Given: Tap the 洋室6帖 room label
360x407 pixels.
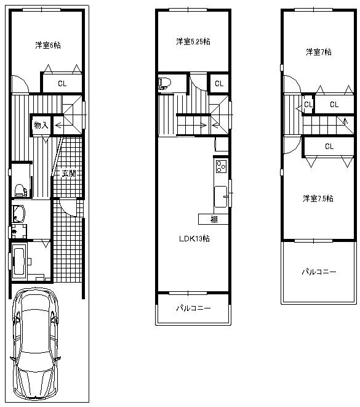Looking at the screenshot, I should point(47,45).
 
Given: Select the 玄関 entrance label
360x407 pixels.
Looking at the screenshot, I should point(68,174).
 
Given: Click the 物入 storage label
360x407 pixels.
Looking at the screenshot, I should point(41,125).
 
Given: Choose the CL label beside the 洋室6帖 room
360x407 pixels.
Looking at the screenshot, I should point(63,83).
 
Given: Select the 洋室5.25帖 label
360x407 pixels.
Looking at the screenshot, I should point(192,42).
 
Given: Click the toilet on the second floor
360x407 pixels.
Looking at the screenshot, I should point(164,83).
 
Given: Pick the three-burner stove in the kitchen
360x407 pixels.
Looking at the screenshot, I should point(221,166).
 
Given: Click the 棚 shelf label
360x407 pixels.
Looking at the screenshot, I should point(214,219).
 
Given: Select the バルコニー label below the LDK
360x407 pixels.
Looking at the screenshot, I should point(193,308).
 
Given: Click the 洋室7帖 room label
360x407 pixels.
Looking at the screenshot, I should point(318,52).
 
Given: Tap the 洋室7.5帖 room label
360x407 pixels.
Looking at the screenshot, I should point(318,198).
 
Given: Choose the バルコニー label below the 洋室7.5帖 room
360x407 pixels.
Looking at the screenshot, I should point(318,272).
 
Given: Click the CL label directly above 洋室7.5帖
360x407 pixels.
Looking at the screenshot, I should point(329,147).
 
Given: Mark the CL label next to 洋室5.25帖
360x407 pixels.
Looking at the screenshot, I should point(218,83).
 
